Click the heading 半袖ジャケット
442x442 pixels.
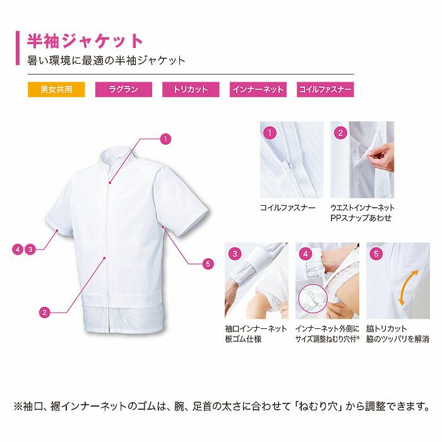point(86,41)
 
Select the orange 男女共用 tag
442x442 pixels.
point(56,90)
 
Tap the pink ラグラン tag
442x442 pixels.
point(123,90)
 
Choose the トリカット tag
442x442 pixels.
point(190,90)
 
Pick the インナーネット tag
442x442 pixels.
point(258,90)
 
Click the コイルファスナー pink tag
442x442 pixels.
point(325,90)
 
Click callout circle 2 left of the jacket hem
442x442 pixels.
point(44,311)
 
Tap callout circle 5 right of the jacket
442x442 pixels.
point(208,263)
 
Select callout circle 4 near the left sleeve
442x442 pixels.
point(18,249)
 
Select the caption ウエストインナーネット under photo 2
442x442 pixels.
point(363,207)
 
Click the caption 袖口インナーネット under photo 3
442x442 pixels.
point(256,328)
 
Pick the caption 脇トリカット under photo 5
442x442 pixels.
point(386,328)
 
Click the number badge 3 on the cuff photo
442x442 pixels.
point(235,254)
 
